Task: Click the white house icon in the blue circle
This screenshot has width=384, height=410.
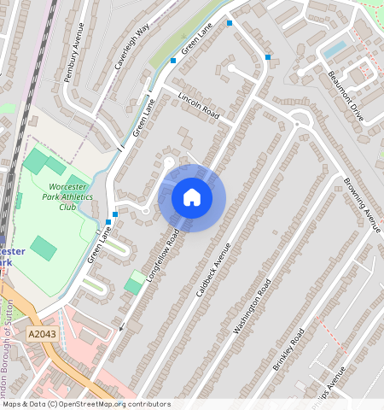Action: (x=192, y=198)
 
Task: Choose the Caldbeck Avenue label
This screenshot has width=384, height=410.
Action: (x=213, y=268)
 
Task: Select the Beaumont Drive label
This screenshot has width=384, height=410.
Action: (x=346, y=95)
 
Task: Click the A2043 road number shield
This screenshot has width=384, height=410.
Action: (x=42, y=334)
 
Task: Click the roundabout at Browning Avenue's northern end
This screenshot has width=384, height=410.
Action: (x=299, y=119)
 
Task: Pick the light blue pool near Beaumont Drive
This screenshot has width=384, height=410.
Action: (x=335, y=48)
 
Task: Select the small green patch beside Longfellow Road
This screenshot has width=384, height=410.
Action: (x=135, y=283)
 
